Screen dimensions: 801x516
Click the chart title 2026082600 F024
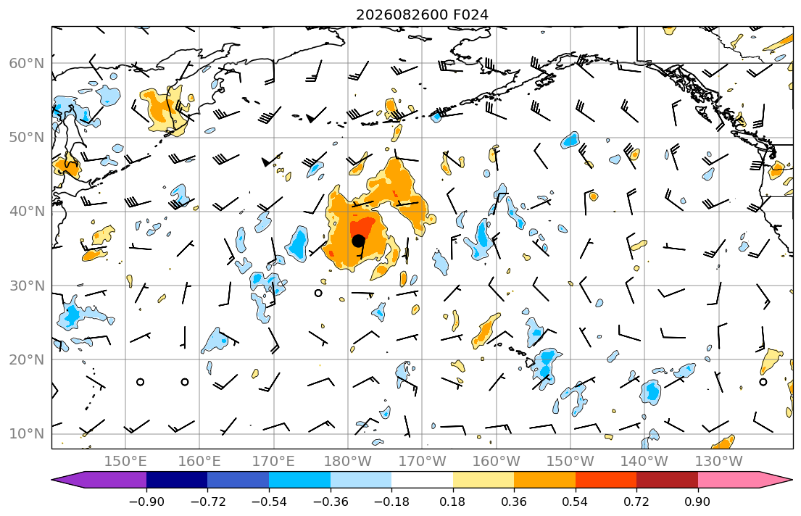click(422, 14)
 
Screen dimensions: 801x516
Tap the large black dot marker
click(358, 240)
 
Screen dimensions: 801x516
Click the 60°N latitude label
click(27, 63)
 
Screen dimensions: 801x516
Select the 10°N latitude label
click(27, 434)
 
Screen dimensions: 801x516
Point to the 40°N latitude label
click(27, 212)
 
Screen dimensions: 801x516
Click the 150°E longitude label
click(125, 462)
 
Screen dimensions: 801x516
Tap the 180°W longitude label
click(348, 462)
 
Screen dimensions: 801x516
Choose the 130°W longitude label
click(719, 462)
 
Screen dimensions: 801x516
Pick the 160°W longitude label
click(496, 462)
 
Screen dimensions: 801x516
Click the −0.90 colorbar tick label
click(146, 502)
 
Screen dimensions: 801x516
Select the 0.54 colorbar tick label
click(576, 502)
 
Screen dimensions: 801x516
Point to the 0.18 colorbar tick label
click(452, 502)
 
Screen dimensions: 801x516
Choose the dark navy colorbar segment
click(177, 480)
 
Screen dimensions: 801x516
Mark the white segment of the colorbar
click(422, 480)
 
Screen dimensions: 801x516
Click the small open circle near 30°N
click(318, 293)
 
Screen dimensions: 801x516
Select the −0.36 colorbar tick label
click(330, 502)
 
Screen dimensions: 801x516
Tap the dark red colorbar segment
click(667, 480)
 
